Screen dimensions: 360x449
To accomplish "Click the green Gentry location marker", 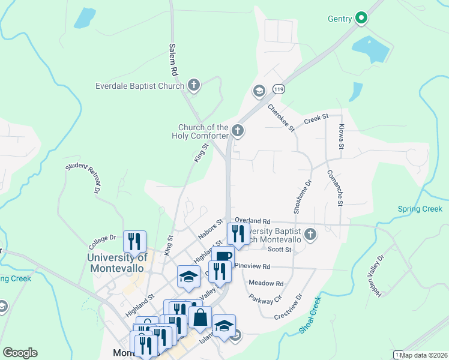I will coord(361,19).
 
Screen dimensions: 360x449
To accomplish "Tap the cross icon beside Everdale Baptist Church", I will coord(193,86).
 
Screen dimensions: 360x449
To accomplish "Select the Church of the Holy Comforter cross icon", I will coord(238,130).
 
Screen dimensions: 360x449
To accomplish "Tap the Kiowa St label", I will coord(340,137).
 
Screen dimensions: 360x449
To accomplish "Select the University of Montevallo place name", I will coord(117,263).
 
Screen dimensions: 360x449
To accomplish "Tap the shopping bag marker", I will coord(200,317).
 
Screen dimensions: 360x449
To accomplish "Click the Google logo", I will coord(20,353).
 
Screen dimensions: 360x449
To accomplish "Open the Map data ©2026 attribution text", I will coord(424,355).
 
